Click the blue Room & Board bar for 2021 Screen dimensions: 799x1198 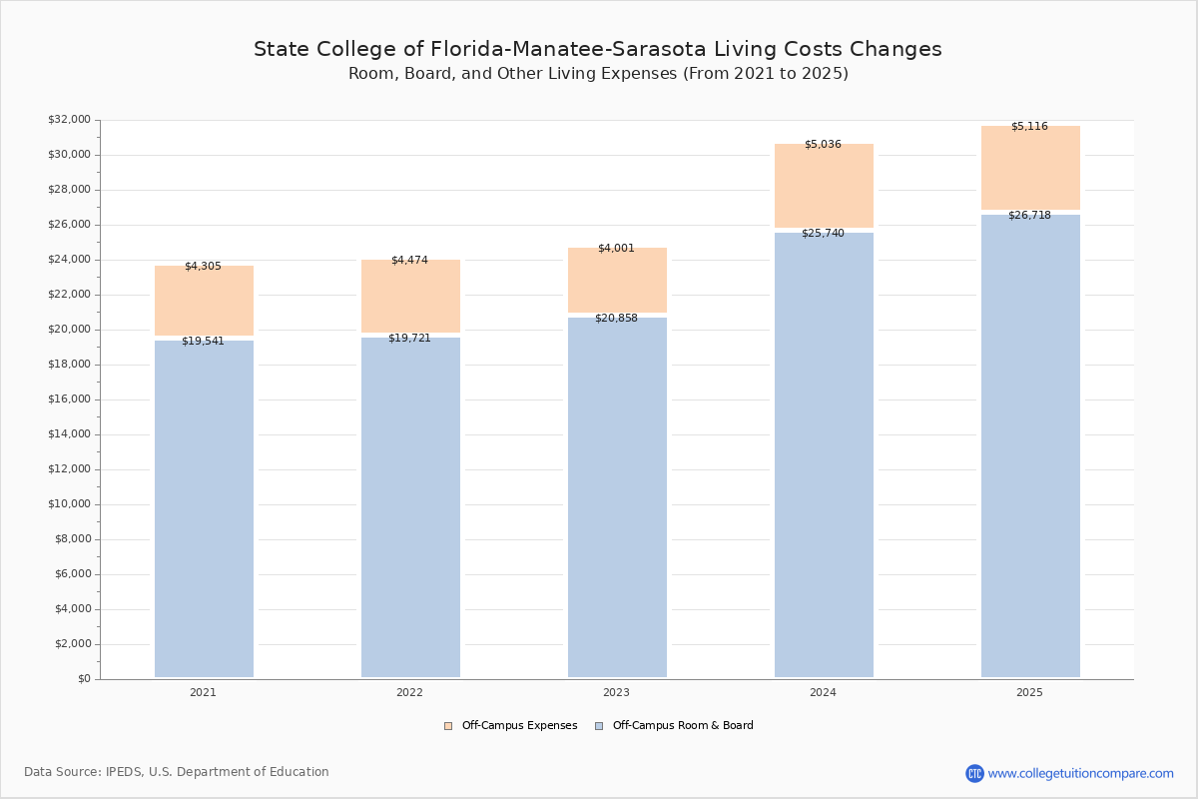[204, 509]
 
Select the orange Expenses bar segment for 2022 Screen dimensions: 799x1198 [410, 297]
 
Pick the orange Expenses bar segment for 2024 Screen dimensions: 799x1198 [824, 186]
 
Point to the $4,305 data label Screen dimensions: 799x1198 [203, 267]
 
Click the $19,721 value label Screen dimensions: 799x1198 [409, 339]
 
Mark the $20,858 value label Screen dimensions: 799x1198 [616, 319]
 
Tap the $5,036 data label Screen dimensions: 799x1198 [823, 145]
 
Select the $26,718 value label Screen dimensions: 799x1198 [1029, 216]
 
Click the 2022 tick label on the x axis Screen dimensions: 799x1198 [409, 692]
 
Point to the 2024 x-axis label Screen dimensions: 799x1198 [823, 692]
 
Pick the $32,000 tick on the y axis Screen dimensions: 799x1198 [69, 120]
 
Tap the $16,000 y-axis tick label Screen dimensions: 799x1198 [69, 399]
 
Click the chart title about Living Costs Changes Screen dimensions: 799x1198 [597, 49]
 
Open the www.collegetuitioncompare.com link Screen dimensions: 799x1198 [1080, 773]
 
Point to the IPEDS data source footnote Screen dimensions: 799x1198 [177, 772]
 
